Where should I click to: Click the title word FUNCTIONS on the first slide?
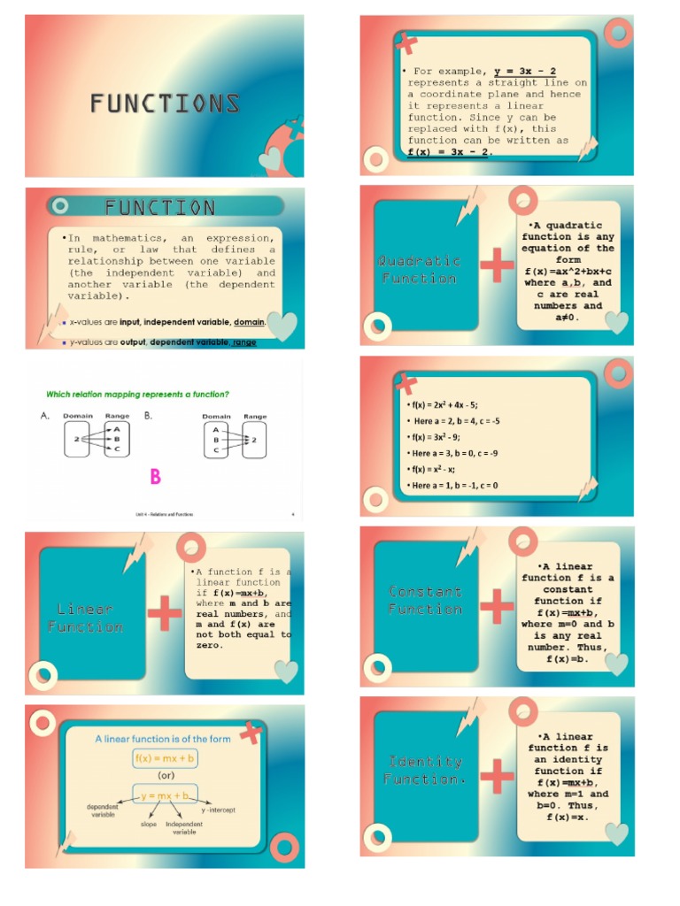(x=165, y=104)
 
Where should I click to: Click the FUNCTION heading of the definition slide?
(x=159, y=208)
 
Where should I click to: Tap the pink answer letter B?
(x=155, y=477)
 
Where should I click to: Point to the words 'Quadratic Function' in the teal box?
(x=419, y=269)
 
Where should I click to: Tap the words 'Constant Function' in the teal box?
(x=425, y=600)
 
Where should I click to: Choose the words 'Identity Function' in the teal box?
(x=426, y=770)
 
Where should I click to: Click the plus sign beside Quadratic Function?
(x=497, y=265)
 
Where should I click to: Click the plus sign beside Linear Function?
(x=165, y=613)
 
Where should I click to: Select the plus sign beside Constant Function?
(x=497, y=606)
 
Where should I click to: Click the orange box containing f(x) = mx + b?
(x=166, y=758)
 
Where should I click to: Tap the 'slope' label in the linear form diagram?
(x=149, y=825)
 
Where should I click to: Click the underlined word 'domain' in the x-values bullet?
(x=249, y=322)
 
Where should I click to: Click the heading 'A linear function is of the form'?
(x=163, y=739)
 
